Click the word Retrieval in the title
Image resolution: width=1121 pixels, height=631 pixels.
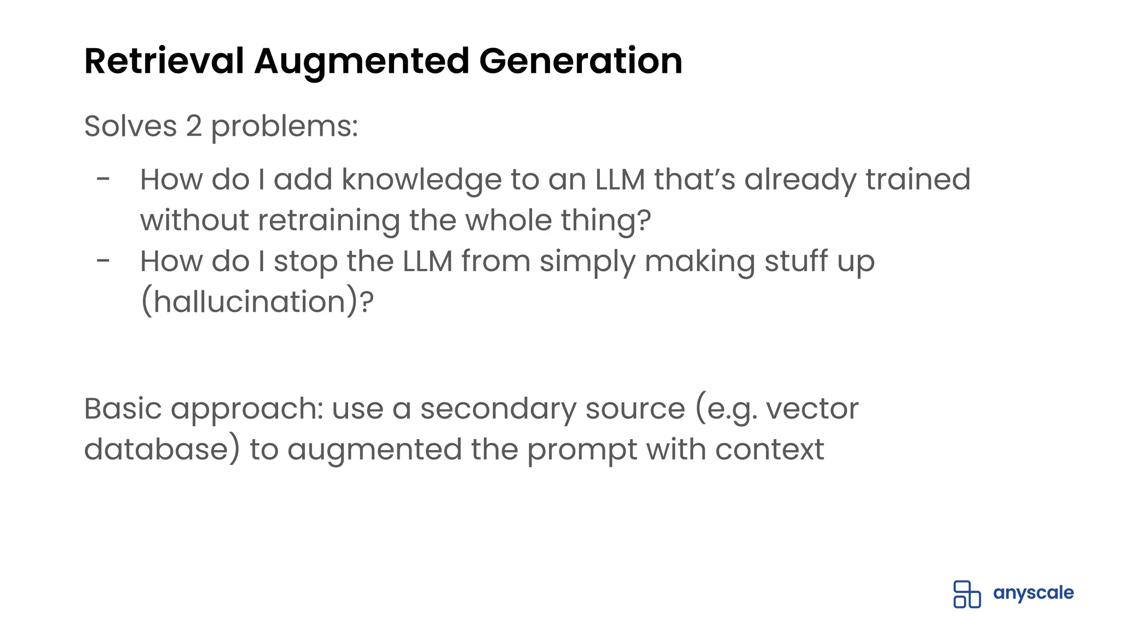tap(164, 61)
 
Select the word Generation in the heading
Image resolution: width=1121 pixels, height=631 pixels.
tap(581, 61)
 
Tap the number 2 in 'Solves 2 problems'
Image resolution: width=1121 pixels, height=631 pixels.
tap(194, 127)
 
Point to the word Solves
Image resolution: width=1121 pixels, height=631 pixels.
tap(130, 127)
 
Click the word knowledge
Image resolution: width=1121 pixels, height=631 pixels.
tap(421, 180)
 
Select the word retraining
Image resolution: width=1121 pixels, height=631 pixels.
tap(329, 220)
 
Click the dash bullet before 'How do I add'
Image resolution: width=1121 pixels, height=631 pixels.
tap(103, 179)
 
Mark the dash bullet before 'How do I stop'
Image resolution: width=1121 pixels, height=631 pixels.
tap(103, 261)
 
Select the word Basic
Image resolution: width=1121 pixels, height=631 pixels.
tap(123, 409)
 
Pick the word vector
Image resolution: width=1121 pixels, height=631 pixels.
tap(812, 409)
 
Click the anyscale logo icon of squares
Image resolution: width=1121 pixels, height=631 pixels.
tap(967, 594)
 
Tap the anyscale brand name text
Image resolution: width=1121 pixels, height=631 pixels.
tap(1033, 593)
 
